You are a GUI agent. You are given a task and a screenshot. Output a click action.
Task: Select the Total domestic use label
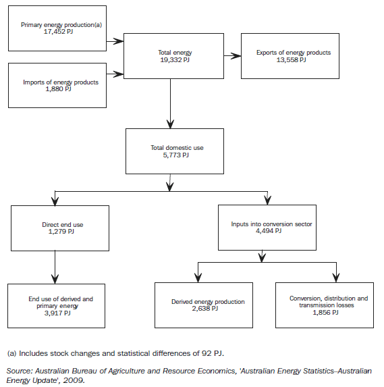point(169,148)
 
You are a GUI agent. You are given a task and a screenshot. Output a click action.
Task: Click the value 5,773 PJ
point(169,155)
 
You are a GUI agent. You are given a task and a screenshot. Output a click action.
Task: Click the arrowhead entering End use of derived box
point(55,278)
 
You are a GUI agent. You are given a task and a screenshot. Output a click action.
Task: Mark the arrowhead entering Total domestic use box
point(169,123)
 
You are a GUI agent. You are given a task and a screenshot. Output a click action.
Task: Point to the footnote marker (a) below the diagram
point(11,353)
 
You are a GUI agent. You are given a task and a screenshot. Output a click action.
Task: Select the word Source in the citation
point(20,371)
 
